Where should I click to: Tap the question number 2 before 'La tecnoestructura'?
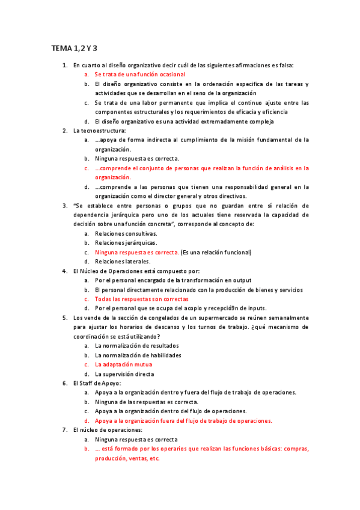pos(66,131)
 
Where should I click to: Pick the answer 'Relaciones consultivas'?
pos(126,233)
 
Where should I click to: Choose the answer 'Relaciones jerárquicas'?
pos(126,242)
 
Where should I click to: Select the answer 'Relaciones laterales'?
pos(123,262)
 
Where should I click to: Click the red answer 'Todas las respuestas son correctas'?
pos(141,299)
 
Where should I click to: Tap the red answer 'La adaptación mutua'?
pos(123,364)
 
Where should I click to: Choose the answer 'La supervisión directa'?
pos(124,374)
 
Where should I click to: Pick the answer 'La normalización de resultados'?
pos(136,346)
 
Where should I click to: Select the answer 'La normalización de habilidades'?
pos(138,355)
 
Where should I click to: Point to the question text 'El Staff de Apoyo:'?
pos(97,383)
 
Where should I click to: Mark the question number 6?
pos(66,383)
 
